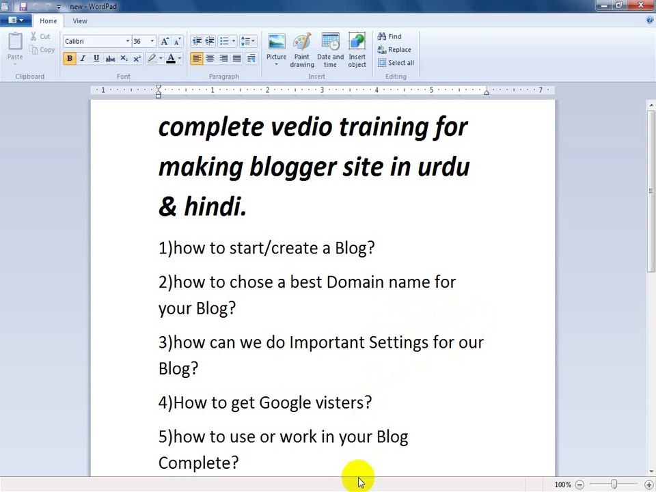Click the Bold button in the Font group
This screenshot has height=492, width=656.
click(x=69, y=59)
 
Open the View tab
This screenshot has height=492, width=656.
click(x=80, y=21)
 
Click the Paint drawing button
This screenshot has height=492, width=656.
click(x=302, y=51)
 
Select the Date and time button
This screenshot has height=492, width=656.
click(x=330, y=51)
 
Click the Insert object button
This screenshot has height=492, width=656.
click(x=357, y=51)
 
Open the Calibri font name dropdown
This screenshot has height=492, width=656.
click(x=127, y=42)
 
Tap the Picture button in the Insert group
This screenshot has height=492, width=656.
click(x=276, y=48)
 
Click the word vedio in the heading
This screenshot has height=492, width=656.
click(x=301, y=127)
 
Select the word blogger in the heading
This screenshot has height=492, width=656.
click(x=292, y=167)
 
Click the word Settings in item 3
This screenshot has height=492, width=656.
click(x=398, y=342)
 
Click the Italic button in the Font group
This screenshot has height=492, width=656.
click(x=83, y=59)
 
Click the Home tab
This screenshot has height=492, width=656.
click(x=48, y=21)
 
